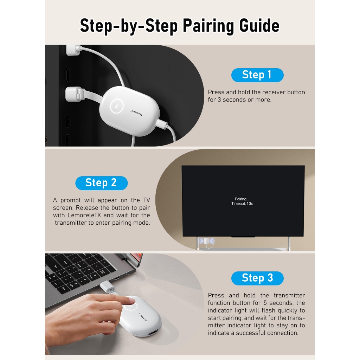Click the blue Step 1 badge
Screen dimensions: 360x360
[257, 75]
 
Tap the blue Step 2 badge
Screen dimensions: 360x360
[102, 183]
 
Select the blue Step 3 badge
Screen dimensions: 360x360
[257, 278]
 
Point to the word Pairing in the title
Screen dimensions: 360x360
[208, 26]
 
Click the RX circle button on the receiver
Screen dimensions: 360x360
[117, 106]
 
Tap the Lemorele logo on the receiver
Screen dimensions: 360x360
[136, 113]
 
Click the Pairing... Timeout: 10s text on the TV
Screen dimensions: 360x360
[242, 201]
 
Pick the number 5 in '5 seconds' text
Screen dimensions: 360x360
[265, 303]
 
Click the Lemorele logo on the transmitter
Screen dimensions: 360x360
[143, 317]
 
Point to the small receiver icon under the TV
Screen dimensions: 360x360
[206, 242]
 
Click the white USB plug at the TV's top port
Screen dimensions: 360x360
[73, 50]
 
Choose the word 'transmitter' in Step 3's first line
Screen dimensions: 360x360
[289, 295]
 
